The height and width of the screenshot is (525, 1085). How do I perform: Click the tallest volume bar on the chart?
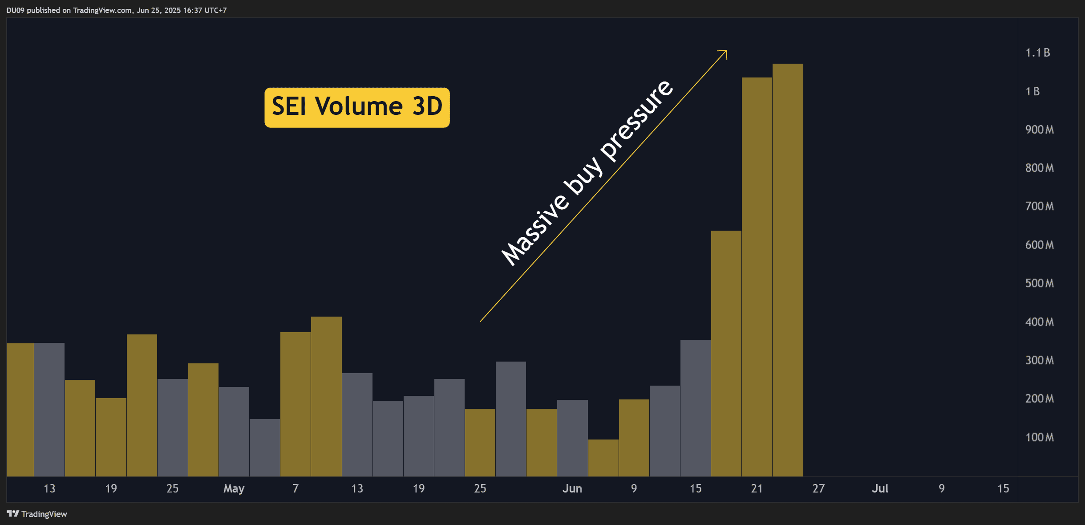(788, 270)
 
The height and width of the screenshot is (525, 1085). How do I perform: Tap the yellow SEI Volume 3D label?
(357, 107)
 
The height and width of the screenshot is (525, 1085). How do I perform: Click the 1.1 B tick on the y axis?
(1037, 53)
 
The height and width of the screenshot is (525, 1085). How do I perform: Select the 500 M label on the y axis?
(1039, 283)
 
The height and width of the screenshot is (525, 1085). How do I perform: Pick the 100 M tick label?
(1039, 437)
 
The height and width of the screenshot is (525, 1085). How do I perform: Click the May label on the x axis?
(234, 488)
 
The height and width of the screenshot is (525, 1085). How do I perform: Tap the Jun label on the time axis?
(572, 488)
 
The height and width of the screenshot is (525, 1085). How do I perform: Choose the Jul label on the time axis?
(880, 488)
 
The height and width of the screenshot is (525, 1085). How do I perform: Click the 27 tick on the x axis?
(818, 488)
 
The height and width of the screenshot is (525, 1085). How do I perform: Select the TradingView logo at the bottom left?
(37, 514)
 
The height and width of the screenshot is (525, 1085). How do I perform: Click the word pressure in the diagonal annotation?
(636, 120)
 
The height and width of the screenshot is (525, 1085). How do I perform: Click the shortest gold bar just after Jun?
(603, 458)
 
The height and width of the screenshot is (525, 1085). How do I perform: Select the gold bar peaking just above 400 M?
(326, 396)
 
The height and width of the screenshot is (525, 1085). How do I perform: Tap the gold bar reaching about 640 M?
(726, 354)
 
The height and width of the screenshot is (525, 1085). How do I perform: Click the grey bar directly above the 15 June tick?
(696, 408)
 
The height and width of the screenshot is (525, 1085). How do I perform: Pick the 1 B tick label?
(1032, 91)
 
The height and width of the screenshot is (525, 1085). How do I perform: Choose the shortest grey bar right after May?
(265, 448)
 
